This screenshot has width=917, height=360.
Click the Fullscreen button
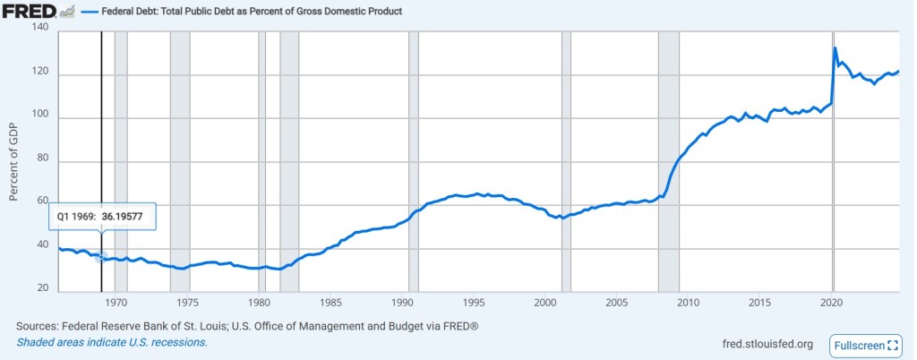866,345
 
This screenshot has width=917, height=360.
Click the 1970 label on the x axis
115,302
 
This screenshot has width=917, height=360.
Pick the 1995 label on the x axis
475,302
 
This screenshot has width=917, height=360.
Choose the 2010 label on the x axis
690,302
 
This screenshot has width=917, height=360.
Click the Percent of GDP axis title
13,161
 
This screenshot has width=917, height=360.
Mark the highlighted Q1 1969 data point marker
101,257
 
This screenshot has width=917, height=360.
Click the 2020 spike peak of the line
835,47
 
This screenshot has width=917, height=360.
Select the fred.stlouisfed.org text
767,345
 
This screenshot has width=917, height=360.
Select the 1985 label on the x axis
330,302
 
